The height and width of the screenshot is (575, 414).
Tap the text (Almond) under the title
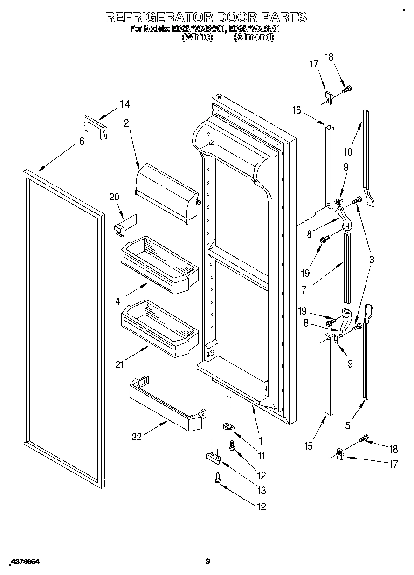(x=253, y=37)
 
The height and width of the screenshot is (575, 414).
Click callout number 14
(x=124, y=104)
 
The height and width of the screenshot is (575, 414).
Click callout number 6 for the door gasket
(x=82, y=142)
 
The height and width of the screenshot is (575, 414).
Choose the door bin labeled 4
(x=159, y=263)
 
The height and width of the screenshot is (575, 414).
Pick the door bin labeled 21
(x=159, y=328)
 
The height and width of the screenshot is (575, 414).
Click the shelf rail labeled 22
(x=166, y=403)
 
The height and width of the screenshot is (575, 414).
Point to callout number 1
(x=261, y=440)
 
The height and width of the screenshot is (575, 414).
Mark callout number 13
(x=261, y=490)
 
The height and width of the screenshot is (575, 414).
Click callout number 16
(x=297, y=110)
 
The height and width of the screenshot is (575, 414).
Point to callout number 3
(x=371, y=260)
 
